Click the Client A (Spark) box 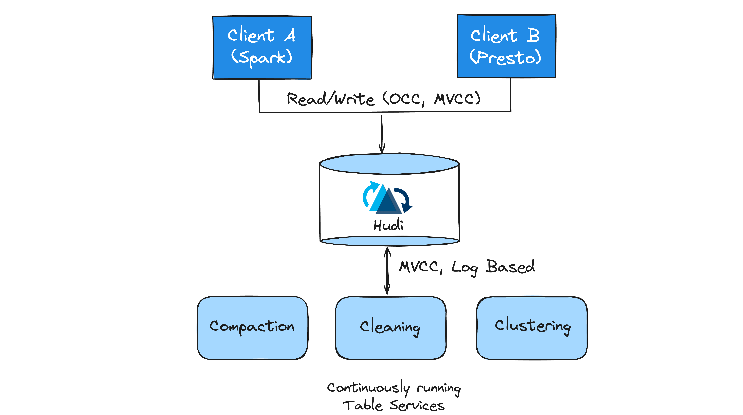[x=262, y=48]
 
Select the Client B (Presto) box [x=506, y=46]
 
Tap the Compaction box [x=252, y=328]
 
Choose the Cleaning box [x=391, y=328]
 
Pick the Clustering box [x=532, y=328]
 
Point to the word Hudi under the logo [x=388, y=225]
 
